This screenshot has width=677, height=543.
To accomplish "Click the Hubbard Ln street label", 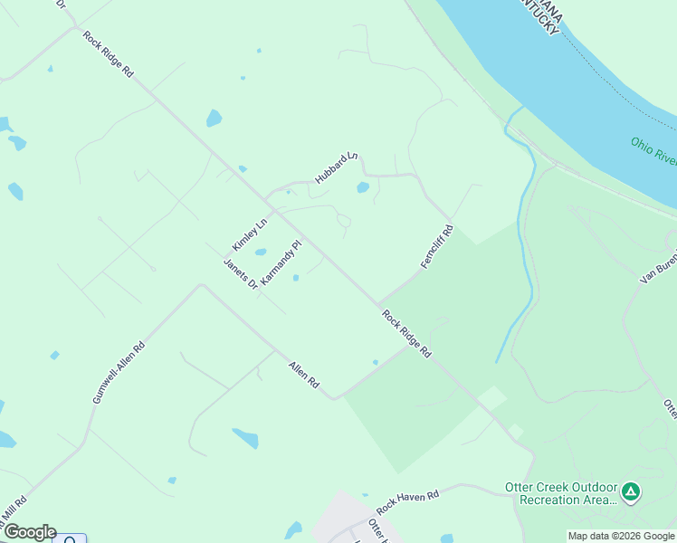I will pyautogui.click(x=337, y=169).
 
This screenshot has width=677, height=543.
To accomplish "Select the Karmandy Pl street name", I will pyautogui.click(x=280, y=263).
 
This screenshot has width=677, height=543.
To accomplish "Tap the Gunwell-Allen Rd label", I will pyautogui.click(x=119, y=372).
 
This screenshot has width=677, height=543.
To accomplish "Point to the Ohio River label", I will pyautogui.click(x=653, y=151).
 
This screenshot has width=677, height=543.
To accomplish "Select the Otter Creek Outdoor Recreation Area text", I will pyautogui.click(x=560, y=494).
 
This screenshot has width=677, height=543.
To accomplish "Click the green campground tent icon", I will pyautogui.click(x=631, y=493).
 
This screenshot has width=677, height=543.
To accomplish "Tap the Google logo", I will pyautogui.click(x=29, y=532).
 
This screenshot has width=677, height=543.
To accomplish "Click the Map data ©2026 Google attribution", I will pyautogui.click(x=622, y=536).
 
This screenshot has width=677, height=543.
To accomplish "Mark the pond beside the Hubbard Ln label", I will pyautogui.click(x=363, y=188).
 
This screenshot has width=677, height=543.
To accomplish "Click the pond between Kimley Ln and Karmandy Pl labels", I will pyautogui.click(x=261, y=252).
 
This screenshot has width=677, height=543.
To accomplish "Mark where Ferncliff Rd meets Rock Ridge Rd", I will pyautogui.click(x=378, y=304).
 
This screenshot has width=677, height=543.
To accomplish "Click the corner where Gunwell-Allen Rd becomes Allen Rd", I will pyautogui.click(x=201, y=287).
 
